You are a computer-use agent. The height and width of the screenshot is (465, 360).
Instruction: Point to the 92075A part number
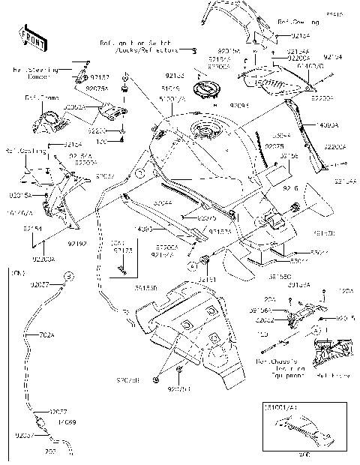97,88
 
